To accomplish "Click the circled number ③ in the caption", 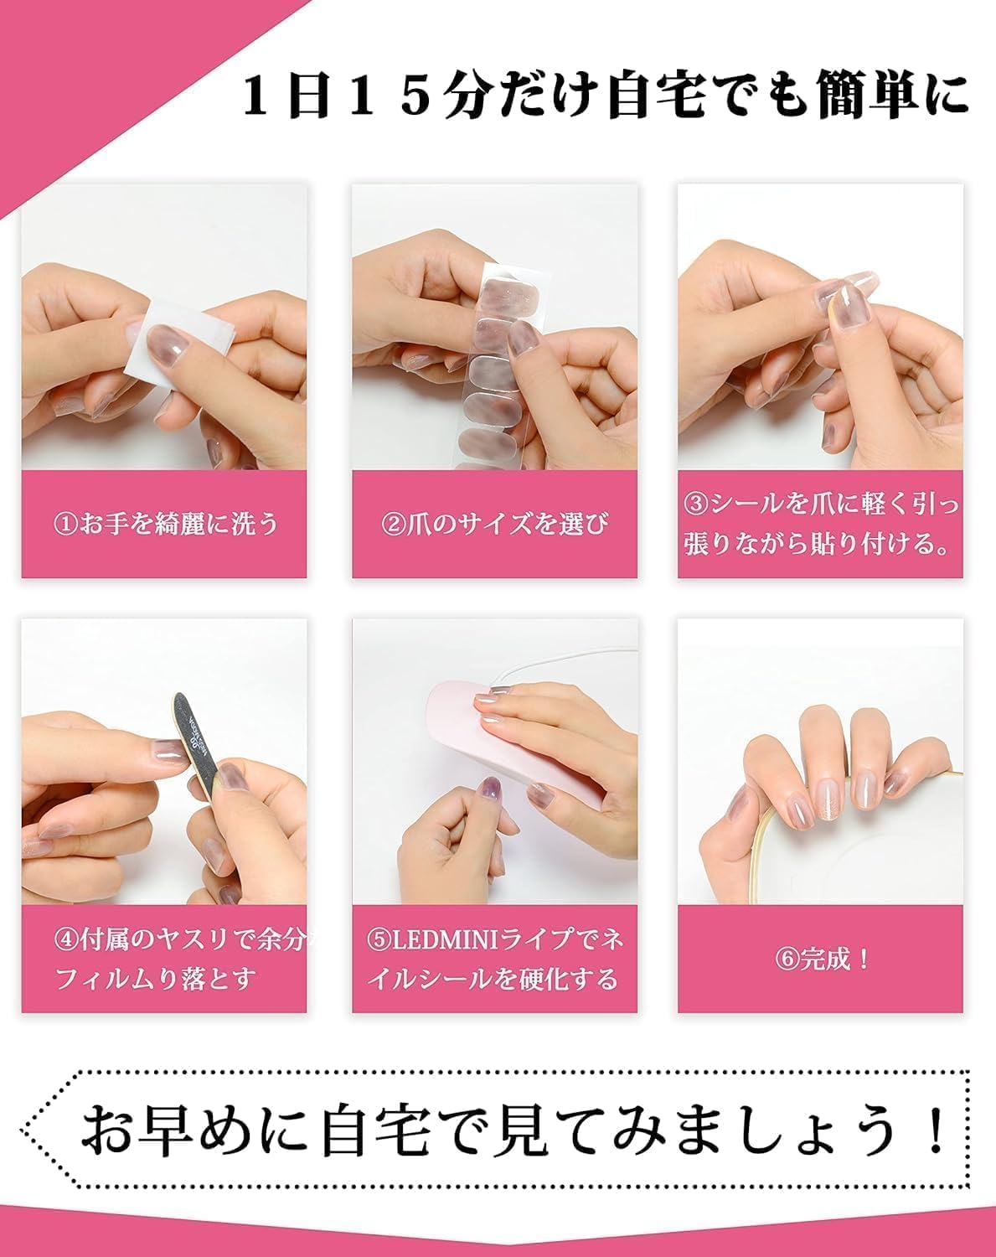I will [x=697, y=504].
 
